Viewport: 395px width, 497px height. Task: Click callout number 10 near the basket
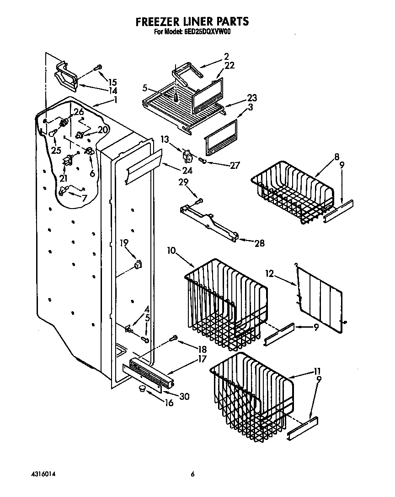point(171,251)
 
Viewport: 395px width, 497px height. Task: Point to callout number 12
point(269,274)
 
